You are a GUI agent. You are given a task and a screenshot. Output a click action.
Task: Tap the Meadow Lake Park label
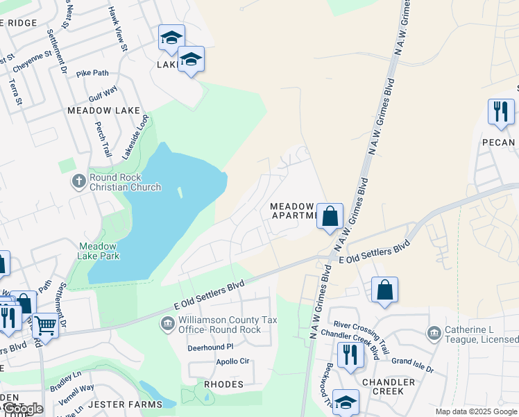[x=99, y=251]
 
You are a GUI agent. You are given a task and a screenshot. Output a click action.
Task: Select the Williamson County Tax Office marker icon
[x=167, y=324]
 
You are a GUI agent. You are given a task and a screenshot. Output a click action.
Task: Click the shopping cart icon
[x=45, y=325]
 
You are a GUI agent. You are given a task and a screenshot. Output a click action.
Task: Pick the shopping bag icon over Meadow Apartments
[x=331, y=216]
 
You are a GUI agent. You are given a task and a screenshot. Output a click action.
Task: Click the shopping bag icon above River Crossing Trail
[x=384, y=290]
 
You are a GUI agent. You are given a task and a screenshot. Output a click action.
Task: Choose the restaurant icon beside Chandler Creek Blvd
[x=354, y=356]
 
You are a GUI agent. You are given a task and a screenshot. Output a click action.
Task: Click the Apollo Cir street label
[x=232, y=361]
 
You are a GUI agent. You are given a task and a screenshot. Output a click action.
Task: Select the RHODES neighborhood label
[x=223, y=384]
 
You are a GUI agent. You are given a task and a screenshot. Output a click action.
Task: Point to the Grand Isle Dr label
[x=412, y=361]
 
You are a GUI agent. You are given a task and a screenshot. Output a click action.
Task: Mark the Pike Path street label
[x=93, y=73]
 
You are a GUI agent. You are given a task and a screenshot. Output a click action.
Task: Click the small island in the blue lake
[x=180, y=193]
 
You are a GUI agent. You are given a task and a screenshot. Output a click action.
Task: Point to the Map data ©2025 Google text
[x=476, y=411]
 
